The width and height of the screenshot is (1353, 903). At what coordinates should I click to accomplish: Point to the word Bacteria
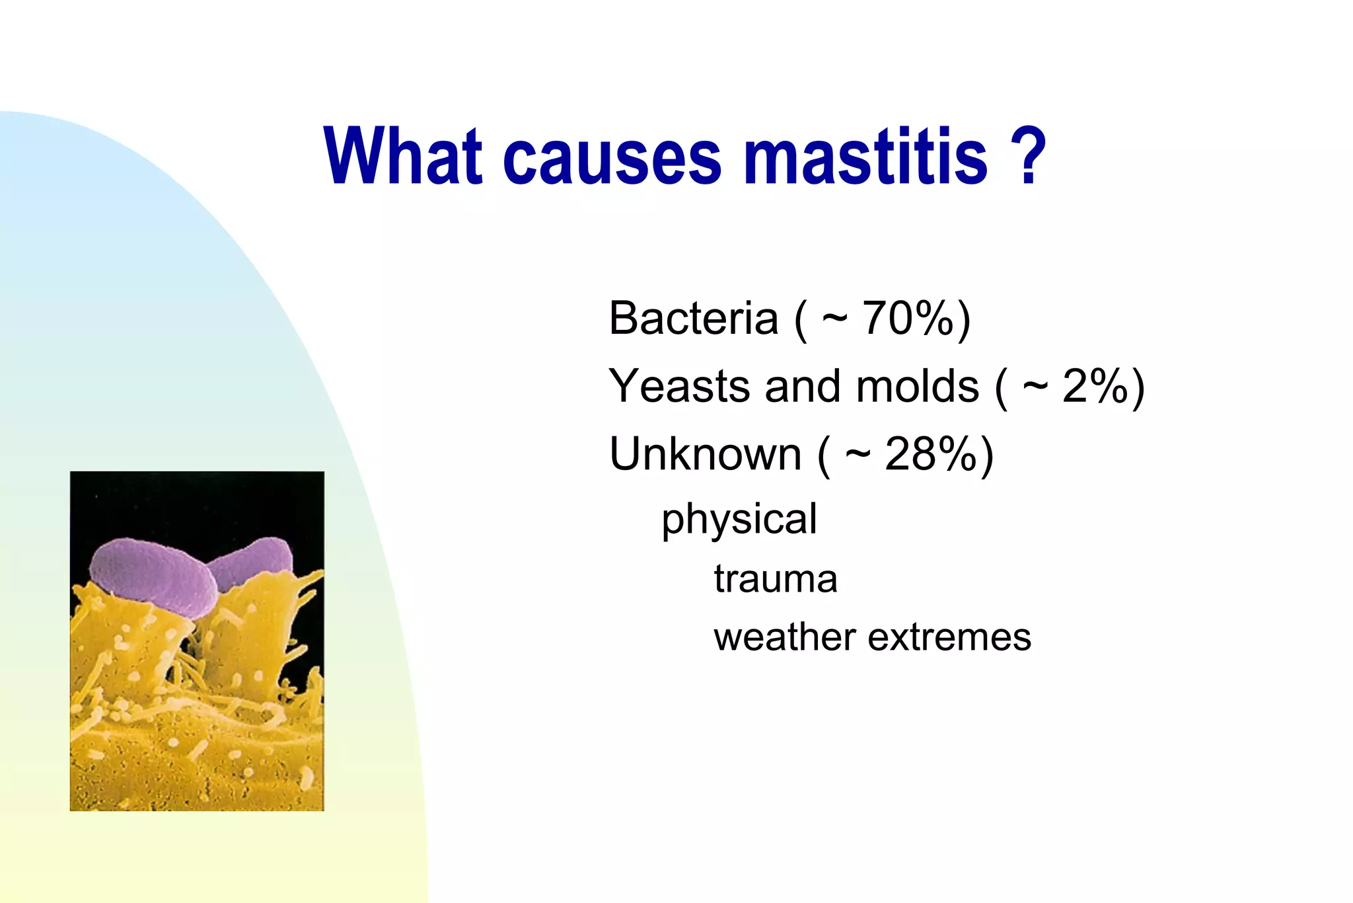(x=693, y=319)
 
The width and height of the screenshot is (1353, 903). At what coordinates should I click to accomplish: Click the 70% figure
(x=908, y=319)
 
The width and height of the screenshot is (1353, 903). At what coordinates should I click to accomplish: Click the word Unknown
(x=705, y=455)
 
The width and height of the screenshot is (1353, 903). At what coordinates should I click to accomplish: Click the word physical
(x=739, y=520)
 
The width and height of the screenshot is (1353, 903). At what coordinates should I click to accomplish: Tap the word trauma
(x=775, y=579)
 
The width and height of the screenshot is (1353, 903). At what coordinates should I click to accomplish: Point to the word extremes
(x=949, y=637)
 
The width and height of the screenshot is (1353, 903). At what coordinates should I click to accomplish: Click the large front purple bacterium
(x=153, y=577)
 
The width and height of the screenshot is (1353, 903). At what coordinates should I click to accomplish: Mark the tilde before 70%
(x=834, y=319)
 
